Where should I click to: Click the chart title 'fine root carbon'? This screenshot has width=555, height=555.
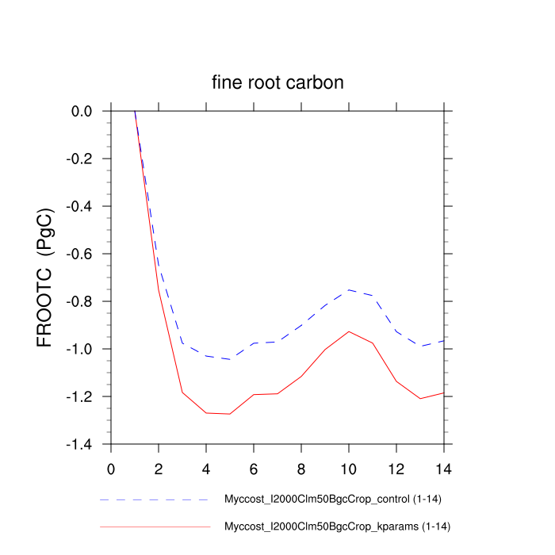[277, 82]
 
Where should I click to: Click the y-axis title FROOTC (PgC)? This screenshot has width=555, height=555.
[45, 277]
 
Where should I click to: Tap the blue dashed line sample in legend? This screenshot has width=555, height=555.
[155, 500]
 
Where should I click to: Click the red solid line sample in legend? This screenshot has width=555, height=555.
[155, 526]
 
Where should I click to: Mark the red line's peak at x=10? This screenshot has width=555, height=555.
[349, 331]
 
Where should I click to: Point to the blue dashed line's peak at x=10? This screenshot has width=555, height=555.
[349, 289]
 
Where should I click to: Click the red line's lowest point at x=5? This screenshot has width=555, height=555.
[230, 414]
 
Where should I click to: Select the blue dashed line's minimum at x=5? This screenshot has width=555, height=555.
[230, 359]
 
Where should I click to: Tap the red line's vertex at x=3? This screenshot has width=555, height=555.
[182, 392]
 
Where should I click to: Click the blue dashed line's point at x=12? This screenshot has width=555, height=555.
[396, 331]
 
